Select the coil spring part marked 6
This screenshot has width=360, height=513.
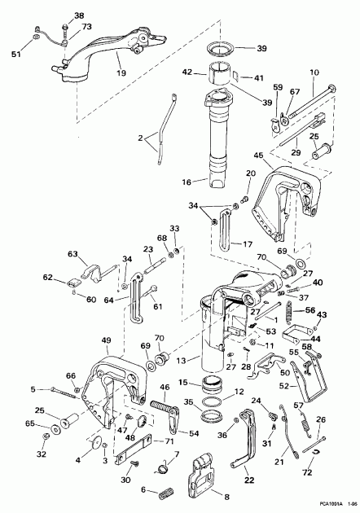[167, 491]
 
